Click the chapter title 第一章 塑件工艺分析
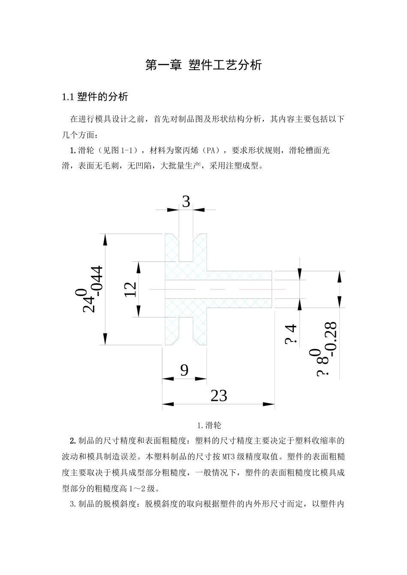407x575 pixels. click(203, 65)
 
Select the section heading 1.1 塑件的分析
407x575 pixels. click(95, 97)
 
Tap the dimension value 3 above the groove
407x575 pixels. click(186, 202)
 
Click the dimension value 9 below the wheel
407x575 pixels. click(184, 370)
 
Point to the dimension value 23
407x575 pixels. click(218, 396)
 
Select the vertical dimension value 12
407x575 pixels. click(130, 290)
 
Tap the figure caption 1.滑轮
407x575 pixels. click(209, 425)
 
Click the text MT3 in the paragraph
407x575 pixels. click(230, 456)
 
